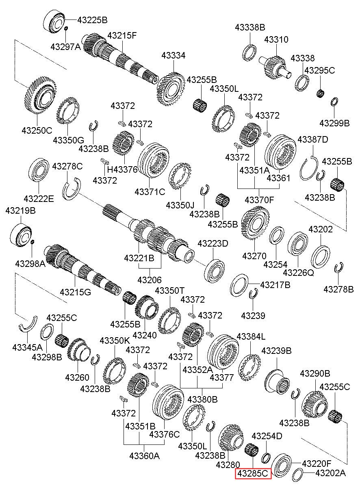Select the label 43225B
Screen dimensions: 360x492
coord(92,20)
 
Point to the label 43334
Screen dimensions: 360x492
coord(173,55)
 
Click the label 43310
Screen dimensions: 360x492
coord(276,39)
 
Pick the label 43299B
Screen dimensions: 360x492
coord(334,123)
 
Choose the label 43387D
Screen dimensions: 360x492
coord(312,139)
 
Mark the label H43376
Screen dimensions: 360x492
coord(122,169)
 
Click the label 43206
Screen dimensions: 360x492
coord(150,280)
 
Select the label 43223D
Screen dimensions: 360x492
coord(213,243)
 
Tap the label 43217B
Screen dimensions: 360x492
coord(275,285)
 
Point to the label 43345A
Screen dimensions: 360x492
coord(27,347)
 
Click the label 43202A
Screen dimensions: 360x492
coord(330,473)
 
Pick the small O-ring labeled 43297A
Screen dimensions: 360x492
coord(66,29)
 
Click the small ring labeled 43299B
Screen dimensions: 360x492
coord(334,101)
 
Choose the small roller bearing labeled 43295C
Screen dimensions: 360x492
coord(321,93)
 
